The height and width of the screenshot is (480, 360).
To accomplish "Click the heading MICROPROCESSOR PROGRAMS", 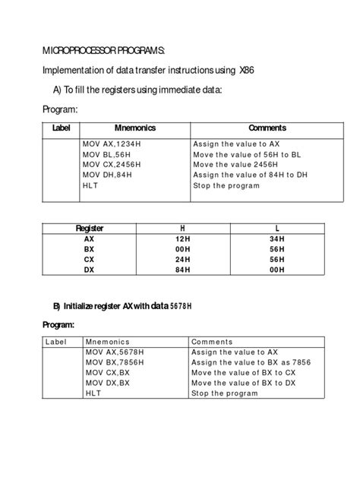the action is point(103,51).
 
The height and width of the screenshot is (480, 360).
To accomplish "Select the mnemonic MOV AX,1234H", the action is point(108,143).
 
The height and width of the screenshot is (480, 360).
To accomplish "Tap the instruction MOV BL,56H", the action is point(104,153).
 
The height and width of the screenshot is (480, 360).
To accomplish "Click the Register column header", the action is point(90,228).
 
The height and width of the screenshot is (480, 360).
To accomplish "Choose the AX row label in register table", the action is point(90,238).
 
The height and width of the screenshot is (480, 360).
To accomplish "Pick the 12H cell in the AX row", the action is point(182,238).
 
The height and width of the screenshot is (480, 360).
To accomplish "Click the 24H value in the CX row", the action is point(182,258).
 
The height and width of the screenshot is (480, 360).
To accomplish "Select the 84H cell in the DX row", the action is point(182,269).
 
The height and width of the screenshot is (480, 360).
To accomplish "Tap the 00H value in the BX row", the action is point(182,248).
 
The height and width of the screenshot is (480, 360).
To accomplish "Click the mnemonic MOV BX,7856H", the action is point(114,362).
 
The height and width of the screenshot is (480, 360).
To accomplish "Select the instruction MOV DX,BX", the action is point(107,383).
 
